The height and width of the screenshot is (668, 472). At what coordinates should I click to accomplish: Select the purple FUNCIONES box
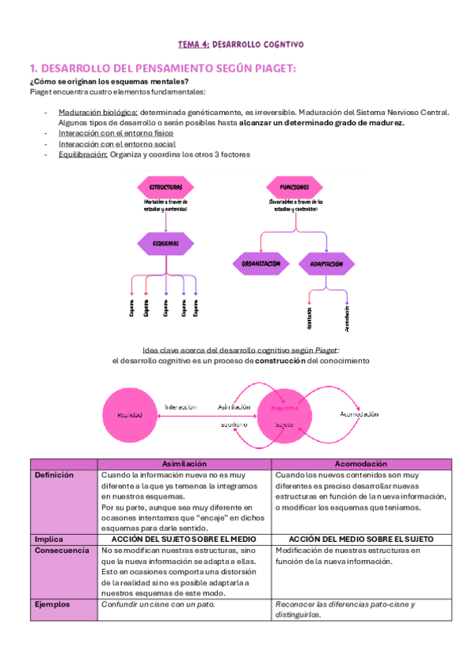coord(293,188)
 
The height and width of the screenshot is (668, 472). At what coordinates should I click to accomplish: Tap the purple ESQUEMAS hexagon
coord(164,243)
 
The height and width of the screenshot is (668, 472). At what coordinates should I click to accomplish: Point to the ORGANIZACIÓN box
coord(261,264)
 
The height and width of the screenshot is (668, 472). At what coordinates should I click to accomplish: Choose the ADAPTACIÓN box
coord(326,264)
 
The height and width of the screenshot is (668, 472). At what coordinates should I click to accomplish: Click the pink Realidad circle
coord(130,414)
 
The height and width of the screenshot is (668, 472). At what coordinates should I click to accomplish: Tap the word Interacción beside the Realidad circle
coord(180,407)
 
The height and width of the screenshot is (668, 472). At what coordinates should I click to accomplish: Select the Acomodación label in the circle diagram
coord(360,414)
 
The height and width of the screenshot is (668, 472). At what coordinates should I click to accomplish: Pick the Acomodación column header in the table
coord(361,465)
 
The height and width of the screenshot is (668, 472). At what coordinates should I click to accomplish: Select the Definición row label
coord(54,476)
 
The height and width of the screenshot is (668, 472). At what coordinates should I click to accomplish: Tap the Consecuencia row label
coord(61,550)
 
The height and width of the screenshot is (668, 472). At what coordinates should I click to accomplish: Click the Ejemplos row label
coord(53,605)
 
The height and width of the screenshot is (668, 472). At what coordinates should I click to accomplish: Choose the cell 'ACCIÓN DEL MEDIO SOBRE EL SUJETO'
coord(361,539)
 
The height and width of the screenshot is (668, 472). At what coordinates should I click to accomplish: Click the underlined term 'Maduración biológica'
coord(98,112)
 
